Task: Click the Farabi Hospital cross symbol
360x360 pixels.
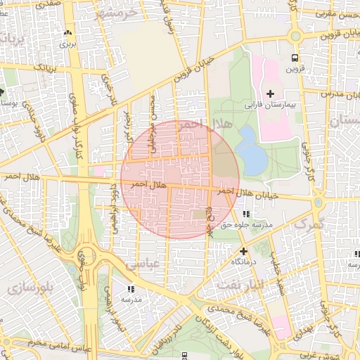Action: (x=270, y=94)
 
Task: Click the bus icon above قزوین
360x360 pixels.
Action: (x=295, y=58)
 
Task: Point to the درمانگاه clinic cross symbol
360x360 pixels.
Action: (x=243, y=251)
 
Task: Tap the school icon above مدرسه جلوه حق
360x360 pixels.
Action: (x=245, y=214)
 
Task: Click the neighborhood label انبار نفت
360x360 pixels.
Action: (x=238, y=285)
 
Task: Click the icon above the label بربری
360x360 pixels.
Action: (x=68, y=33)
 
